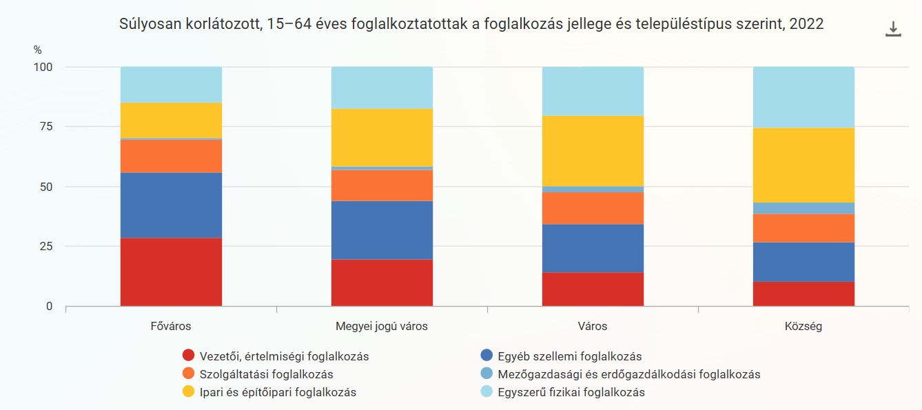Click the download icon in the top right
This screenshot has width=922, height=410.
pyautogui.click(x=893, y=29)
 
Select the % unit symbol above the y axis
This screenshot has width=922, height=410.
pyautogui.click(x=37, y=50)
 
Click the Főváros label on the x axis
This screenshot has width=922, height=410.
pyautogui.click(x=171, y=326)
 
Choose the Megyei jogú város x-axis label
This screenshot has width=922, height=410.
pyautogui.click(x=382, y=326)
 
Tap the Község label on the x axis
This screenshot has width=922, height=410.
pyautogui.click(x=803, y=326)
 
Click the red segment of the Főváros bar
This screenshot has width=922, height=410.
pyautogui.click(x=171, y=271)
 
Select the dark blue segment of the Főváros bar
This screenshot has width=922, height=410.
pyautogui.click(x=171, y=205)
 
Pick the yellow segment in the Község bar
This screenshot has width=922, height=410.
pyautogui.click(x=803, y=165)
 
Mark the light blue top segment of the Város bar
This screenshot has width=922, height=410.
pyautogui.click(x=593, y=91)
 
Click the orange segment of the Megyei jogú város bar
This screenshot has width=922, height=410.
pyautogui.click(x=382, y=185)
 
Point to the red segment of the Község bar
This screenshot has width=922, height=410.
pyautogui.click(x=803, y=294)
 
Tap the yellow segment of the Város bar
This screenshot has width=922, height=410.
pyautogui.click(x=593, y=151)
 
